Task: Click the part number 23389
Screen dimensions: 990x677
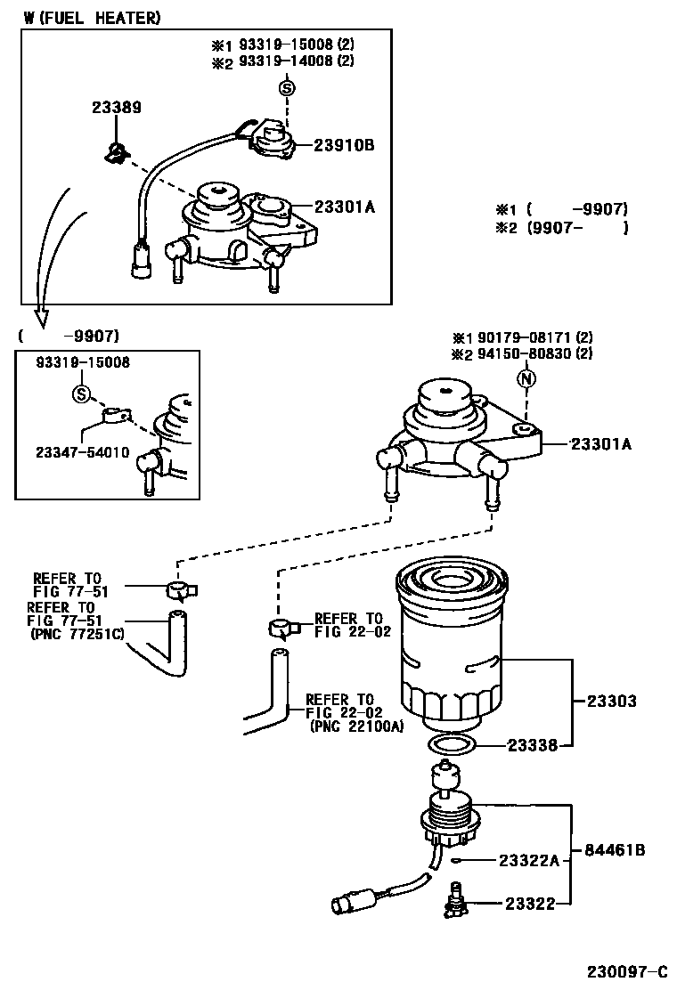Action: point(117,108)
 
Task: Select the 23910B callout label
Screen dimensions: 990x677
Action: point(344,144)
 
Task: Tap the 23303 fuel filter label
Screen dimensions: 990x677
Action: point(611,701)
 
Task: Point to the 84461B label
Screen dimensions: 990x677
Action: point(614,850)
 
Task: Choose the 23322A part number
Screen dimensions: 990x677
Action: point(528,860)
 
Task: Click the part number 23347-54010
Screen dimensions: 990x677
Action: point(83,452)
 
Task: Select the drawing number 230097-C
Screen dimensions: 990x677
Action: point(626,970)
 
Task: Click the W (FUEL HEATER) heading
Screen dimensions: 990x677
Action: point(93,18)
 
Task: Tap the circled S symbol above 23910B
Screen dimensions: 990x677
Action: point(286,87)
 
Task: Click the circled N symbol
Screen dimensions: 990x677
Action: point(526,377)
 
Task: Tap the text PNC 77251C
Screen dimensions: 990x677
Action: point(78,634)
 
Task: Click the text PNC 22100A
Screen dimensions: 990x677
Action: point(356,726)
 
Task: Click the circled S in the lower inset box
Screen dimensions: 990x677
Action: point(81,394)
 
